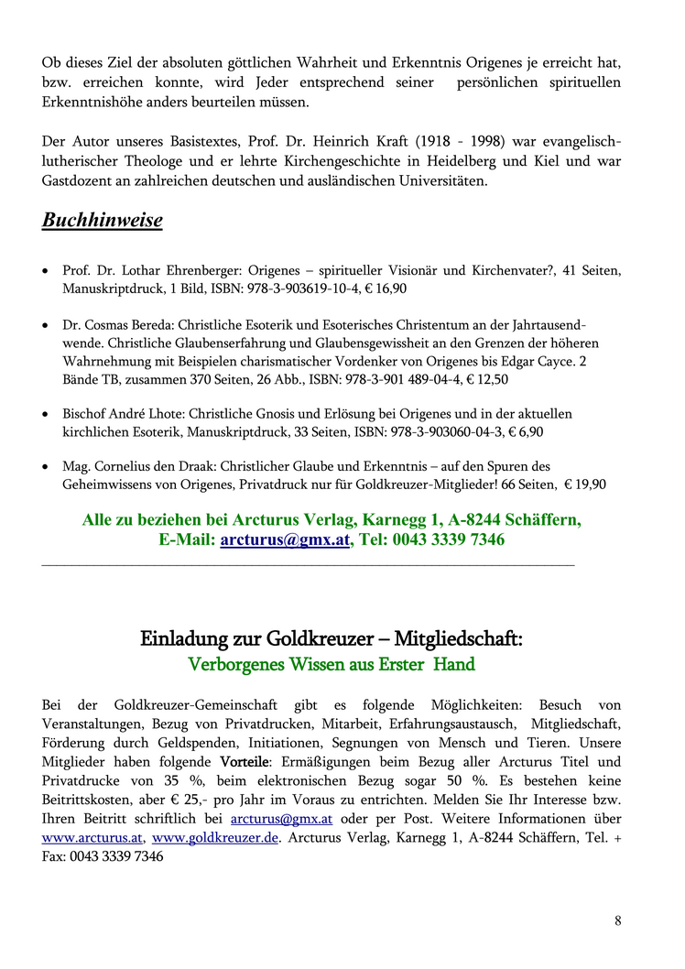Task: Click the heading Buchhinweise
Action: click(x=102, y=221)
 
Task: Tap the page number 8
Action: click(x=618, y=920)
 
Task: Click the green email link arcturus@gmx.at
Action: click(x=285, y=539)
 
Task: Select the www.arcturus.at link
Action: click(x=92, y=838)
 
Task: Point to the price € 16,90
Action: click(x=387, y=289)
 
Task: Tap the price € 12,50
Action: click(x=488, y=378)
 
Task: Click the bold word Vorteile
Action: click(x=245, y=761)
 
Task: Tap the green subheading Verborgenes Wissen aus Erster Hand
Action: click(x=331, y=664)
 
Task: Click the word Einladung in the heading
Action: click(x=179, y=638)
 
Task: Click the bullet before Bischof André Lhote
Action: click(x=47, y=415)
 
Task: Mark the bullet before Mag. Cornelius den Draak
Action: click(x=47, y=467)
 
